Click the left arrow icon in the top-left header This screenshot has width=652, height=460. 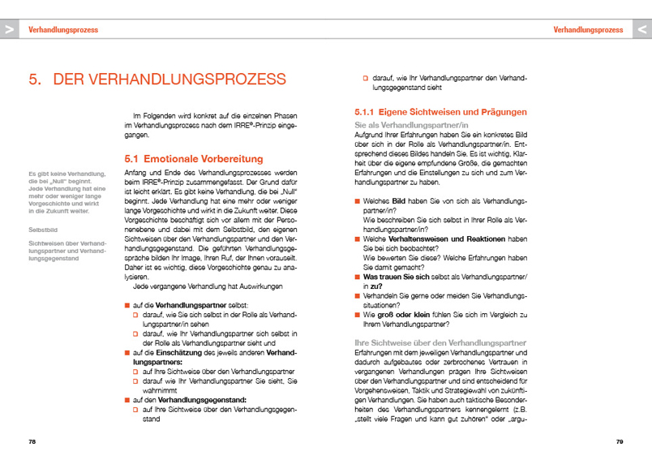(x=10, y=28)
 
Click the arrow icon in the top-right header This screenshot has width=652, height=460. (x=641, y=28)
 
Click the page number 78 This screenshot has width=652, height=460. (x=32, y=442)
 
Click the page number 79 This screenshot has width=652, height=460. (x=619, y=442)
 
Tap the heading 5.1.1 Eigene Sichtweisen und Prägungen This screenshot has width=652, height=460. (x=441, y=111)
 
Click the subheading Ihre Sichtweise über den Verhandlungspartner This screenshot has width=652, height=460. (x=441, y=342)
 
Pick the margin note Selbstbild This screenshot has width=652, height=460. (x=42, y=230)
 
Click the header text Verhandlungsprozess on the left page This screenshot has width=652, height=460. (x=62, y=29)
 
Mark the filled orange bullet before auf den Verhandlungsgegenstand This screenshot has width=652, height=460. (x=127, y=400)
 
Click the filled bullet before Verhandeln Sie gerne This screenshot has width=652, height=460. (x=358, y=295)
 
